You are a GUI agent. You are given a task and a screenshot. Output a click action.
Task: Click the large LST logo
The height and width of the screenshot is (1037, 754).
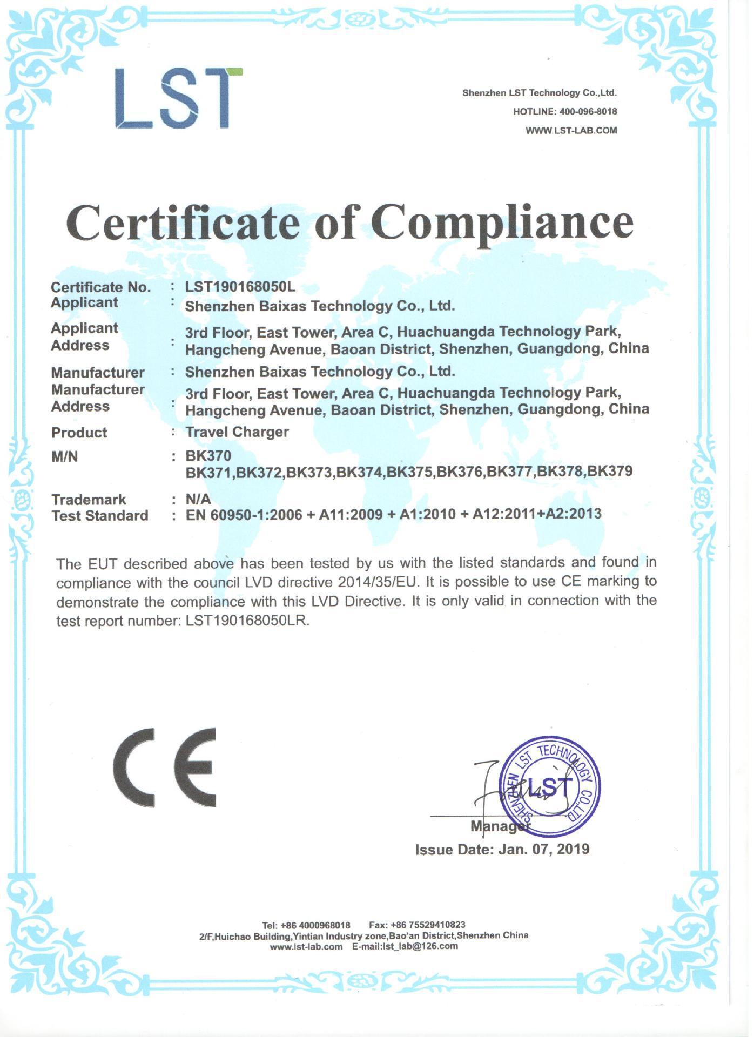179,98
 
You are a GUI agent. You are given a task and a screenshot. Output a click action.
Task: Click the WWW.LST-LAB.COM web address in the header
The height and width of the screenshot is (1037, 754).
571,131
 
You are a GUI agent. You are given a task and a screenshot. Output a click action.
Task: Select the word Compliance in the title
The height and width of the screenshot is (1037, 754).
502,223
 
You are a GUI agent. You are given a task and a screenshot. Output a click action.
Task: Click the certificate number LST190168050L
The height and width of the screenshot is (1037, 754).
240,287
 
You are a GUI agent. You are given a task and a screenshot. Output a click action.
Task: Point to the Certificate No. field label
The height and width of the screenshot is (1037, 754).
100,287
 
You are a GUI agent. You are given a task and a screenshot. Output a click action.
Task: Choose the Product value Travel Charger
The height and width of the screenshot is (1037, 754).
237,432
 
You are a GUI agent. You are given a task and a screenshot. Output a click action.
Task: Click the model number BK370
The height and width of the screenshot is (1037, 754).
208,456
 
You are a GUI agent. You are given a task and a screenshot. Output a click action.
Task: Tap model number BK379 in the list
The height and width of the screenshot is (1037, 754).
610,472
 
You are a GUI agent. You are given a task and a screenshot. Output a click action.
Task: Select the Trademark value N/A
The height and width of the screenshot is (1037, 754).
198,499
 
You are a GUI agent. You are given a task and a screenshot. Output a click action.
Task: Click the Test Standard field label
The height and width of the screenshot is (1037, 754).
100,516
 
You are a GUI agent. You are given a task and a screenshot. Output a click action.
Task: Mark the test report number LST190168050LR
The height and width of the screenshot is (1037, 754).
247,621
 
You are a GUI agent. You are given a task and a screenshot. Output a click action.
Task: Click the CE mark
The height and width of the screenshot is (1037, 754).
165,767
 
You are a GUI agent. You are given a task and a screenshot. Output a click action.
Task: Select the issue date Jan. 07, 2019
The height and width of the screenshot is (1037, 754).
544,850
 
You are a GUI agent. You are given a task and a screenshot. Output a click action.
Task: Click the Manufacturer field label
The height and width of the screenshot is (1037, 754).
98,373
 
